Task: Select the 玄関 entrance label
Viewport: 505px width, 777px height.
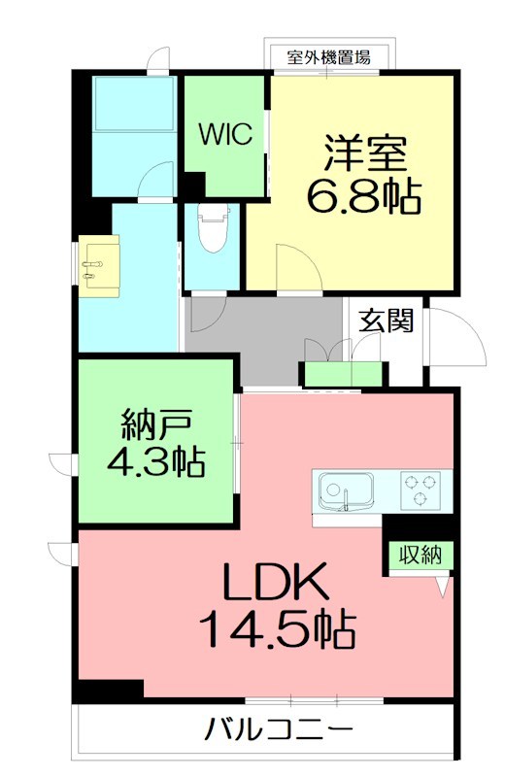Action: click(x=387, y=320)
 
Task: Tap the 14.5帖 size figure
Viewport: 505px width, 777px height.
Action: click(x=277, y=631)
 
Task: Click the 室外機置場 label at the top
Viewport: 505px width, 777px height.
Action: click(x=327, y=56)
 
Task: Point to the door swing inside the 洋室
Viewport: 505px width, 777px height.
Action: click(x=293, y=268)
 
